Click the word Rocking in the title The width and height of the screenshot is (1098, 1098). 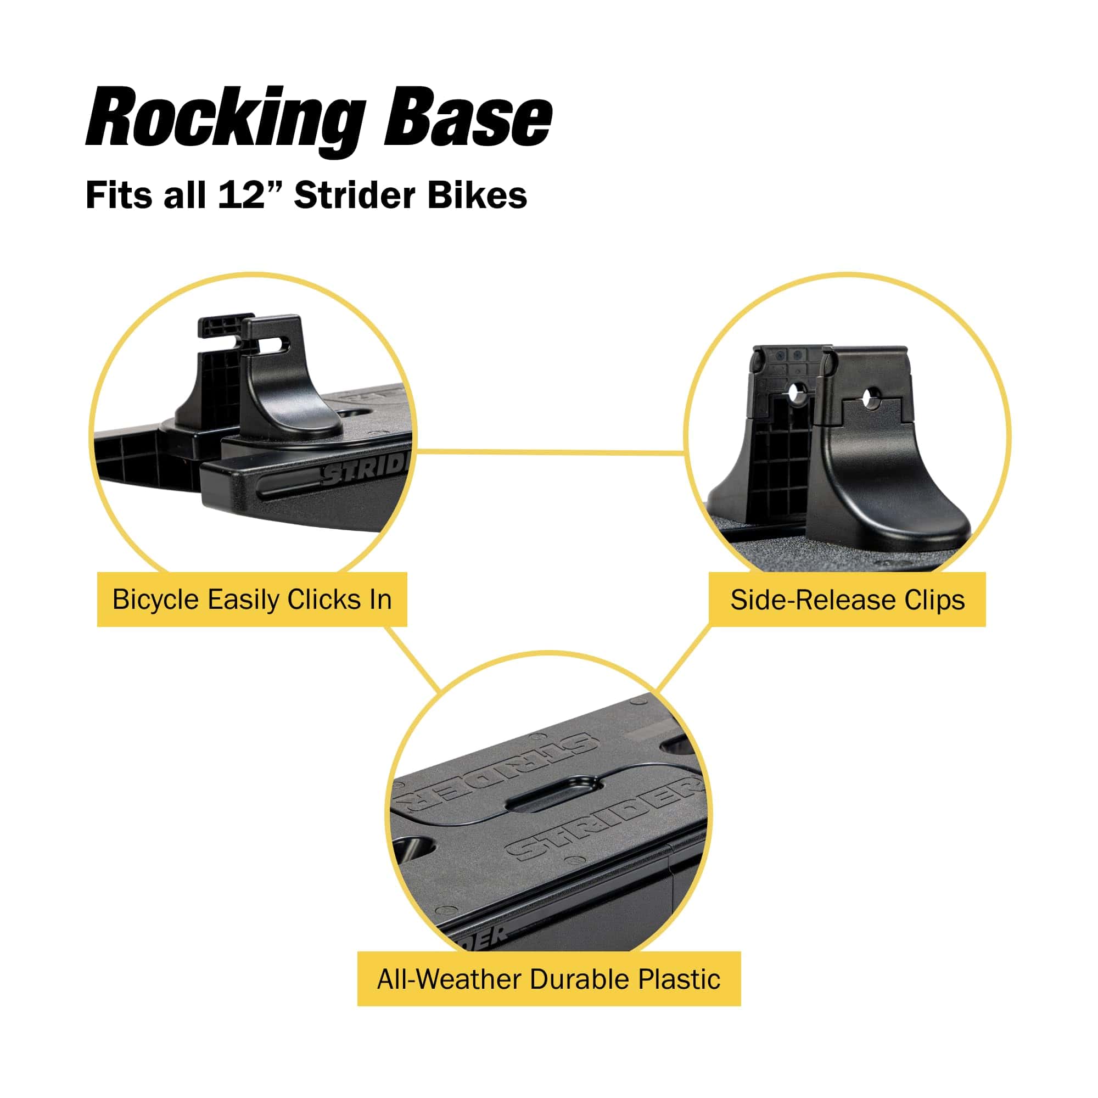(x=225, y=119)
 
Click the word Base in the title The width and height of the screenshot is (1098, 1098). (x=467, y=119)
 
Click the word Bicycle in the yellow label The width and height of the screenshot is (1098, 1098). (x=157, y=600)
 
